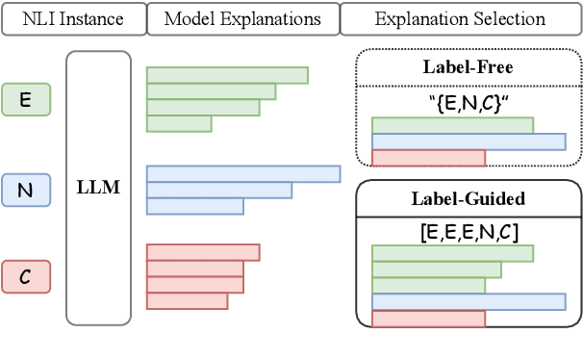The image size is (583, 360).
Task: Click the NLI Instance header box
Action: point(72,19)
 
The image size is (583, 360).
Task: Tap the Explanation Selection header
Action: point(460,19)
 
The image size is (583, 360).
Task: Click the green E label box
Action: point(27,99)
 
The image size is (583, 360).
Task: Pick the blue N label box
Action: point(27,191)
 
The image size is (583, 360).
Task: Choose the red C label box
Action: point(27,277)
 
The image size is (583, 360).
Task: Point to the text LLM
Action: point(97,188)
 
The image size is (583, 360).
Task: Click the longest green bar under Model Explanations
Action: point(226,75)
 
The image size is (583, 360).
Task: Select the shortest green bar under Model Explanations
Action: point(178,123)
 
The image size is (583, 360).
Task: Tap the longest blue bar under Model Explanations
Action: point(242,174)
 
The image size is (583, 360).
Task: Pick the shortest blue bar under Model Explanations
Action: point(194,206)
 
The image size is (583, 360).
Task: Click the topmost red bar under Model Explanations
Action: point(202,252)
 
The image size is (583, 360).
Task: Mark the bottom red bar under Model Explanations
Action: point(187,301)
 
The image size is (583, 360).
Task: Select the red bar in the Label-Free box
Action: point(428,158)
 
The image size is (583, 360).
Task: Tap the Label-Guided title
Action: point(469,199)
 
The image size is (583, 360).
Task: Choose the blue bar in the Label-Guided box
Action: point(468,302)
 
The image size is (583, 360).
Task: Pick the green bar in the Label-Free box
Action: point(452,125)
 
